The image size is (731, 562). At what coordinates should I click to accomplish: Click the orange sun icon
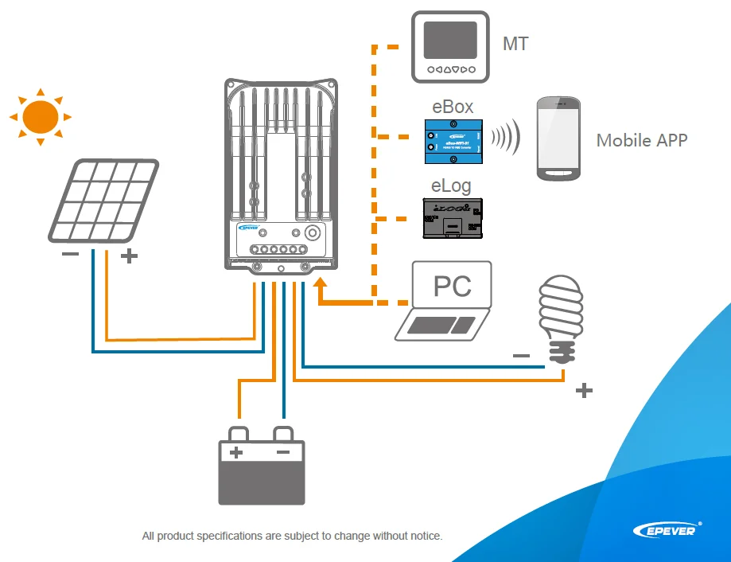pos(40,116)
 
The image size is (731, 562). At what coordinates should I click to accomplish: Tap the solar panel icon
pos(103,201)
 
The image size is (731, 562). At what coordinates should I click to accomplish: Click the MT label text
pos(515,45)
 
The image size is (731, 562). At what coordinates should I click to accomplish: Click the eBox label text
pos(453,107)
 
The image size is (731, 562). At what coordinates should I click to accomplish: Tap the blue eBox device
pos(453,138)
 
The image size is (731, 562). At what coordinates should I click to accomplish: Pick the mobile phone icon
pos(558,139)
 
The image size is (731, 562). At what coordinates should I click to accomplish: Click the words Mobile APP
pos(641,141)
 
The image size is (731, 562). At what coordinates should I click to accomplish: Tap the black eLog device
pos(451,219)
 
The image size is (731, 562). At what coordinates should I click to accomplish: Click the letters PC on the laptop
pos(452,286)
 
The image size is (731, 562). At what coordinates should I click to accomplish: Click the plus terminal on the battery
pos(236,451)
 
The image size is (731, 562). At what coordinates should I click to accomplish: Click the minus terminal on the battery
pos(283,451)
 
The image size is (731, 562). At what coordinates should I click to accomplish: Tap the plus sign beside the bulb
pos(584,390)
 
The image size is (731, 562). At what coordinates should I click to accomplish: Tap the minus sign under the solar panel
pos(70,255)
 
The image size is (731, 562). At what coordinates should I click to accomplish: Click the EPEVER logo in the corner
pos(667,529)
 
